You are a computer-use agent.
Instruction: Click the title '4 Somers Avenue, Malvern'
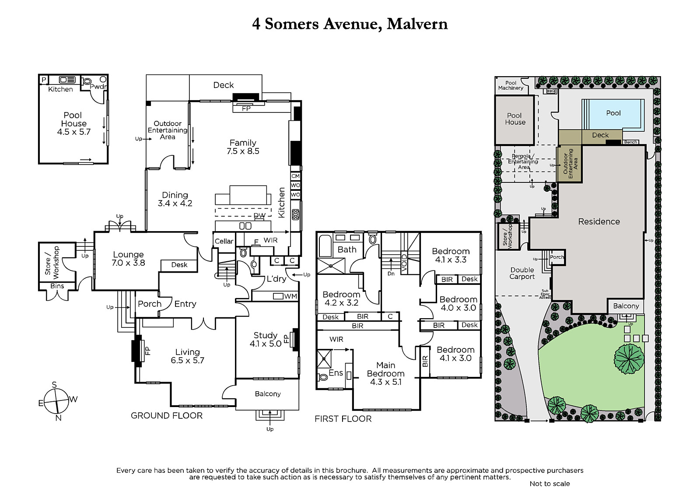(x=350, y=24)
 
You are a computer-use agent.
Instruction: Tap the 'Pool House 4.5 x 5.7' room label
(x=74, y=123)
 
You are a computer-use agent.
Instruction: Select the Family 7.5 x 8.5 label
(x=243, y=147)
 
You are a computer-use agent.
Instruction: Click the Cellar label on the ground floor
(x=224, y=242)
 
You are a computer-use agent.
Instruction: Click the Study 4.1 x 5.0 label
(x=265, y=340)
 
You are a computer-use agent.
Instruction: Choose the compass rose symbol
(x=56, y=401)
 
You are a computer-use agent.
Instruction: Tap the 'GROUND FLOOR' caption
(x=167, y=416)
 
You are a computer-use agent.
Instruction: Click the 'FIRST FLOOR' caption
(x=343, y=419)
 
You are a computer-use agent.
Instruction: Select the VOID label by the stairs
(x=404, y=263)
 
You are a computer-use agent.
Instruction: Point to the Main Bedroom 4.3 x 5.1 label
(x=385, y=373)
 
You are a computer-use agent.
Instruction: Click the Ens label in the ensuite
(x=336, y=373)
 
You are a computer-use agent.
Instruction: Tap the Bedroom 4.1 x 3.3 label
(x=451, y=255)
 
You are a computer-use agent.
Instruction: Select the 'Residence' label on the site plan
(x=599, y=221)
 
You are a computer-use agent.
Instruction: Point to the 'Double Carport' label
(x=522, y=273)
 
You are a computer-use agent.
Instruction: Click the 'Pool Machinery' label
(x=511, y=85)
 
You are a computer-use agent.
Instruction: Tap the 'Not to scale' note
(x=549, y=484)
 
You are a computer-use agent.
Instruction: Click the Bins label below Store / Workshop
(x=57, y=286)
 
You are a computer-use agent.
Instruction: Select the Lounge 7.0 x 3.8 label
(x=128, y=259)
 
